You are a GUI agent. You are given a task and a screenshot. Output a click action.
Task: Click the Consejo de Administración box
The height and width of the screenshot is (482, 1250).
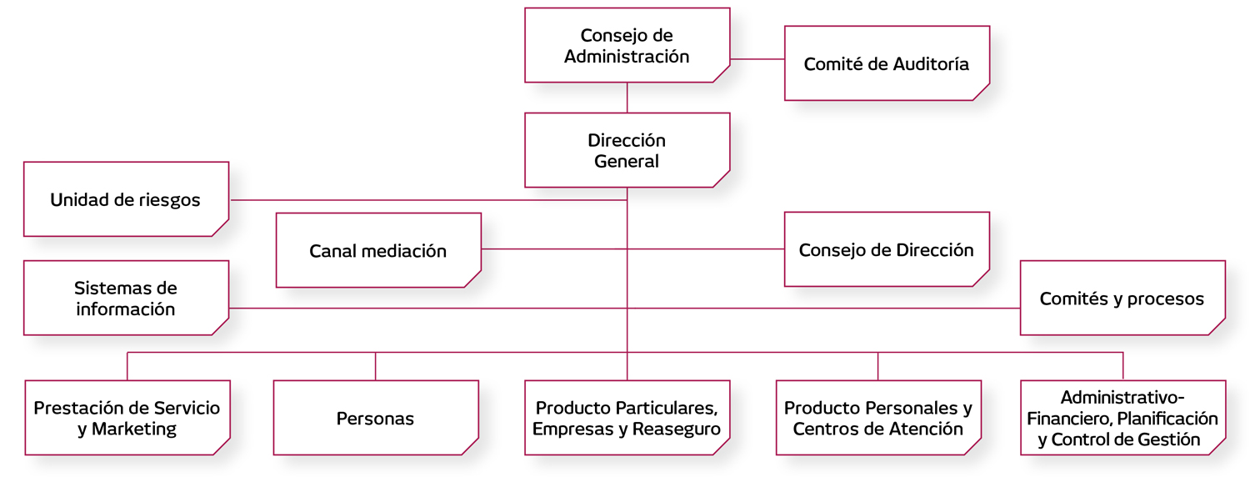(x=627, y=46)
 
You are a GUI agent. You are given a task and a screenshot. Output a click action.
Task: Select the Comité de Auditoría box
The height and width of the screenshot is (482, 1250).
(x=887, y=63)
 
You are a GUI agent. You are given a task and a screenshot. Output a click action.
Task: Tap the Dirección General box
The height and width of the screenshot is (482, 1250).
(x=627, y=150)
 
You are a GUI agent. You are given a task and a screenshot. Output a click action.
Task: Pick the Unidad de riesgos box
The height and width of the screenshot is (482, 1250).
(x=125, y=199)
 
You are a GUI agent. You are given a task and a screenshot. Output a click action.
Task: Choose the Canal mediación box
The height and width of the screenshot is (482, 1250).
(x=378, y=250)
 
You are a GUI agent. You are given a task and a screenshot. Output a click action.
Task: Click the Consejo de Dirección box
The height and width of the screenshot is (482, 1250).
(x=887, y=249)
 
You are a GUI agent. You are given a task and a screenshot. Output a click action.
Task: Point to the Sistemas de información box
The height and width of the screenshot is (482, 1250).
(x=125, y=298)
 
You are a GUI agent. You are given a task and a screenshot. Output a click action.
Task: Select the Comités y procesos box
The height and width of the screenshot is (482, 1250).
(x=1122, y=298)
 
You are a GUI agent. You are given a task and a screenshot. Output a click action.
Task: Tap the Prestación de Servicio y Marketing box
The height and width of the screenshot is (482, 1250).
(x=127, y=418)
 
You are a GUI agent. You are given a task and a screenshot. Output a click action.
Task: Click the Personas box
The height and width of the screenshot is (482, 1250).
(x=375, y=418)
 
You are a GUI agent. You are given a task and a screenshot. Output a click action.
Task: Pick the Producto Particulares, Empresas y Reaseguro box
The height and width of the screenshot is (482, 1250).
(x=627, y=418)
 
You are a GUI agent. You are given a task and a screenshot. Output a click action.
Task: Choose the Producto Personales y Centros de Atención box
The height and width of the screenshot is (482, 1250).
(x=878, y=418)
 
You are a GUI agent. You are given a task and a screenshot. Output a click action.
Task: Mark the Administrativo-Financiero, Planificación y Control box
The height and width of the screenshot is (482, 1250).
(x=1122, y=418)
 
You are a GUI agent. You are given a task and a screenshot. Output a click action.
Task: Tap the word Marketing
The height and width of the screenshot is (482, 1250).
(x=134, y=429)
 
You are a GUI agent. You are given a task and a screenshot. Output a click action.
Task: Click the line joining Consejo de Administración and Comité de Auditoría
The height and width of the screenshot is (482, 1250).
(x=757, y=59)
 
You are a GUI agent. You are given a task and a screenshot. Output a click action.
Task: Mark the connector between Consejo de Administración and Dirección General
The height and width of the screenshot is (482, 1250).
(x=627, y=98)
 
